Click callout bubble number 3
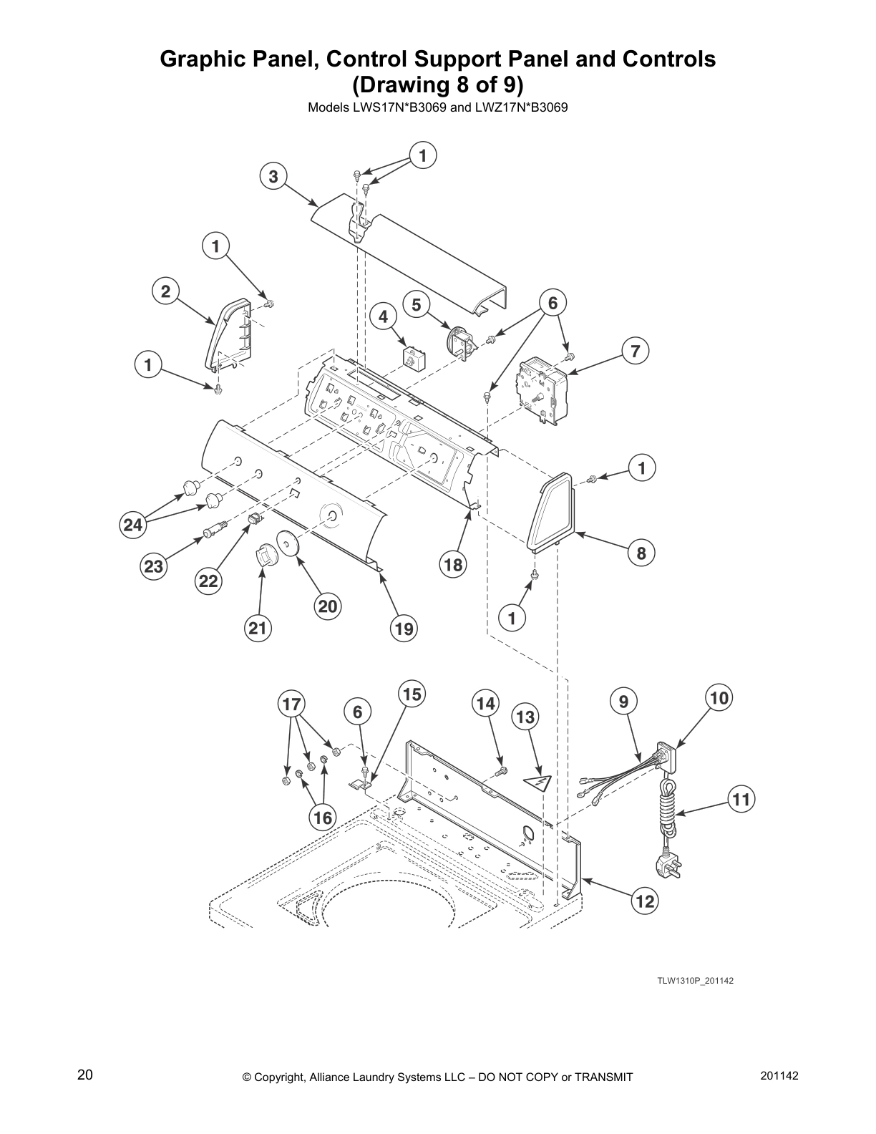pos(273,176)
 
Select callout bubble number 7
pos(635,352)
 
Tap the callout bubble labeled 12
pos(645,901)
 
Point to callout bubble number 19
pos(404,629)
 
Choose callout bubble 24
pos(132,525)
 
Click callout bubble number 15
pos(412,694)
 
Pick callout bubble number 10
pos(719,697)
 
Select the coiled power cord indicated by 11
pos(668,809)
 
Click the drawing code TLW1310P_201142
pos(695,981)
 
